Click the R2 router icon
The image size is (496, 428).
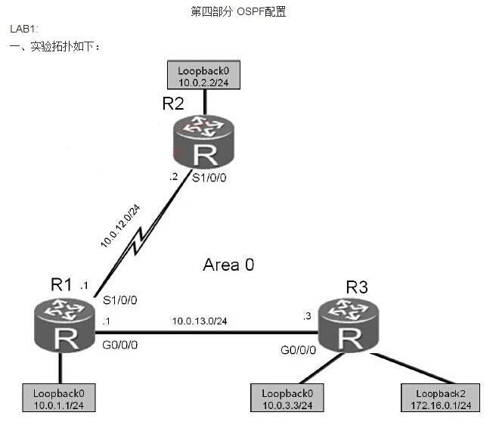(203, 142)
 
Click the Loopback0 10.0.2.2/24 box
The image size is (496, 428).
(203, 76)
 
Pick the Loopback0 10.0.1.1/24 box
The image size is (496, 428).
(60, 399)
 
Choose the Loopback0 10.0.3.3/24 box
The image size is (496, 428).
(287, 399)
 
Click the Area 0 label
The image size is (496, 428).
(229, 265)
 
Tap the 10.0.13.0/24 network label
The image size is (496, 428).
(200, 321)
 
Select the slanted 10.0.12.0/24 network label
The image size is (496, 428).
(120, 225)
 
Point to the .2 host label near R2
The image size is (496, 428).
(175, 178)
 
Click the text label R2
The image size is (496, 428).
(173, 104)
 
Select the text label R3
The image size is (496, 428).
(357, 287)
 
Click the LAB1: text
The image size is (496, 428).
(22, 29)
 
